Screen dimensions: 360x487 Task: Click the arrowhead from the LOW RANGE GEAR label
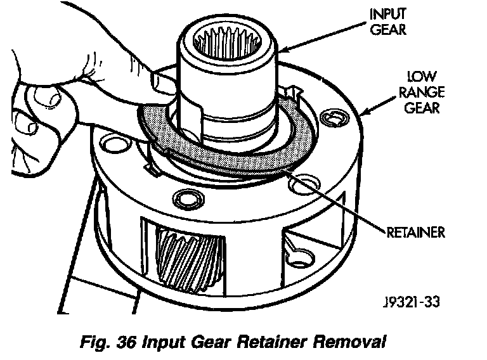coord(363,115)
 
